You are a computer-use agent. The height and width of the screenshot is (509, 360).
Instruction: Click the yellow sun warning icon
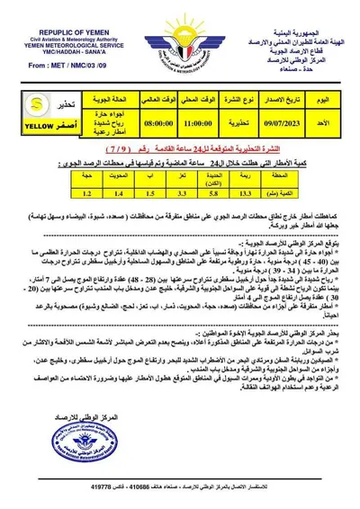tap(27, 102)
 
